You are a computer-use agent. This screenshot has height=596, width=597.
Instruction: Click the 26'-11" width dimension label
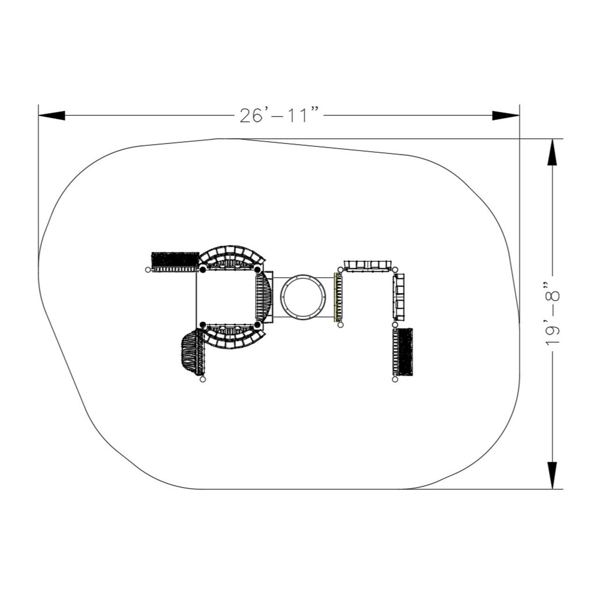(279, 115)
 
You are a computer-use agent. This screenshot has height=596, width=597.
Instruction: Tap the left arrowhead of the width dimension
(52, 115)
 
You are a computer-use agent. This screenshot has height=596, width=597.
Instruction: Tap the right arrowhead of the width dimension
(506, 115)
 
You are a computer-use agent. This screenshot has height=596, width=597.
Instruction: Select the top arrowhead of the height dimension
(552, 152)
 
